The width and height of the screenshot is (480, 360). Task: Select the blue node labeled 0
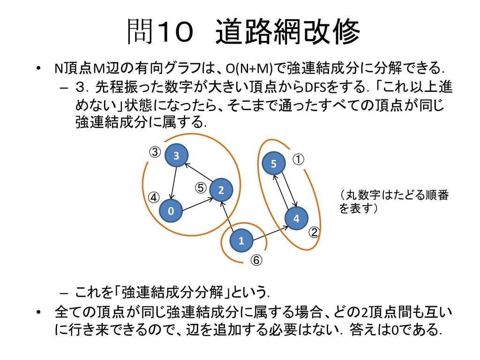point(171,211)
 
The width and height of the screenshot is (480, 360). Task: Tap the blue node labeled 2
point(221,190)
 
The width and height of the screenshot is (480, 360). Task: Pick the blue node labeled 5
point(274,164)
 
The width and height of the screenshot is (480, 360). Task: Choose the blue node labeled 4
point(296,219)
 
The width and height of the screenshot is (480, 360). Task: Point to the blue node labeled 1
point(241,241)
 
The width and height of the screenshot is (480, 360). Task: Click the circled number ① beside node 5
point(299,159)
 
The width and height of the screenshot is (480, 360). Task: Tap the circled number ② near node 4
point(315,232)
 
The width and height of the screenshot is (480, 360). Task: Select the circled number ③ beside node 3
point(155,152)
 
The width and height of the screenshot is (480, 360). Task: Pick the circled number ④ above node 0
point(154,196)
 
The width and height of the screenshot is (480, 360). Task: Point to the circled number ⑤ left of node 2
point(201,187)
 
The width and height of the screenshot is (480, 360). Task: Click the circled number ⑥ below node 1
point(256,260)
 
